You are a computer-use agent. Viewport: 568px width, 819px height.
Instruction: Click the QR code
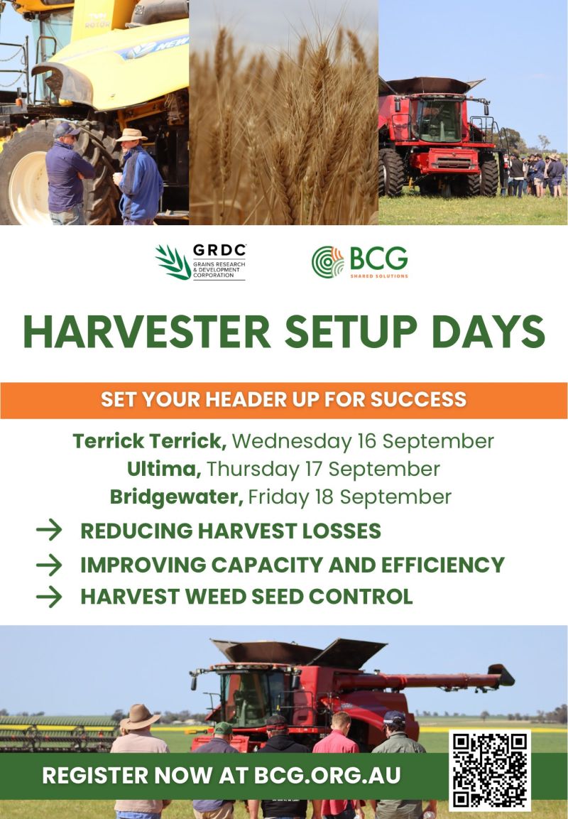coord(490,771)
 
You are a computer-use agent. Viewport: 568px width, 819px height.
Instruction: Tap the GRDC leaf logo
coord(173,261)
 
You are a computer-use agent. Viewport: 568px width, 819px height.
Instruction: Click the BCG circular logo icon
coord(328,261)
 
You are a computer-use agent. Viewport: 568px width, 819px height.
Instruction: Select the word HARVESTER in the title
coord(147,332)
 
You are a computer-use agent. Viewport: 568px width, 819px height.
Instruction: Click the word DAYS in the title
coord(488,332)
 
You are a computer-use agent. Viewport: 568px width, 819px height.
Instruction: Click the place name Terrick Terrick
coord(150,441)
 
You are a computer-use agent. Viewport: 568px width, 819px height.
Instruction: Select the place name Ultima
coord(164,469)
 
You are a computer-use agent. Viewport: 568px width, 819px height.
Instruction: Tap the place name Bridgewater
coord(177,497)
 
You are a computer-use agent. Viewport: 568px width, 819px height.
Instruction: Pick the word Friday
coord(278,497)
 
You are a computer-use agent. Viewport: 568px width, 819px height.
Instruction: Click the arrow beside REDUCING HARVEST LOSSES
coord(49,530)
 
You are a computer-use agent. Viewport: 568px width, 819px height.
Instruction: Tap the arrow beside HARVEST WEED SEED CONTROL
coord(49,597)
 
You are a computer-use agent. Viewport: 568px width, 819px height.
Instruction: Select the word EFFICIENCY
coord(443,565)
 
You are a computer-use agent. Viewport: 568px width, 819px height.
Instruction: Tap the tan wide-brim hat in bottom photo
coord(139,717)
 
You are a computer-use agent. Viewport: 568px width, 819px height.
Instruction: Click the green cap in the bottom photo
coord(224,728)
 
